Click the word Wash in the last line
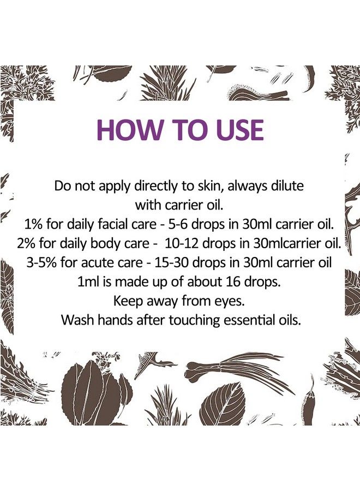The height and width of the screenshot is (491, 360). pyautogui.click(x=76, y=319)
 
